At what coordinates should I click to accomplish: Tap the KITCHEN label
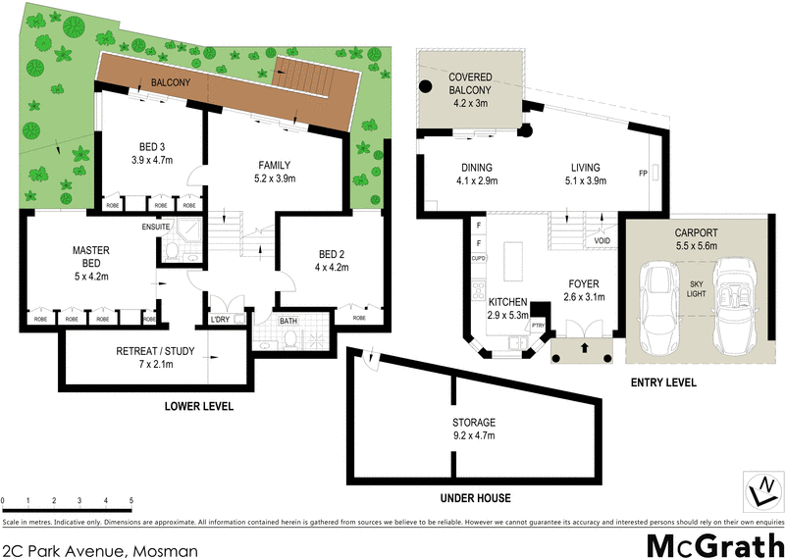tap(508, 302)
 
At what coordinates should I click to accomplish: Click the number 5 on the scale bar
tap(131, 500)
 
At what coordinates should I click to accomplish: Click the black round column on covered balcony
tap(426, 86)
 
